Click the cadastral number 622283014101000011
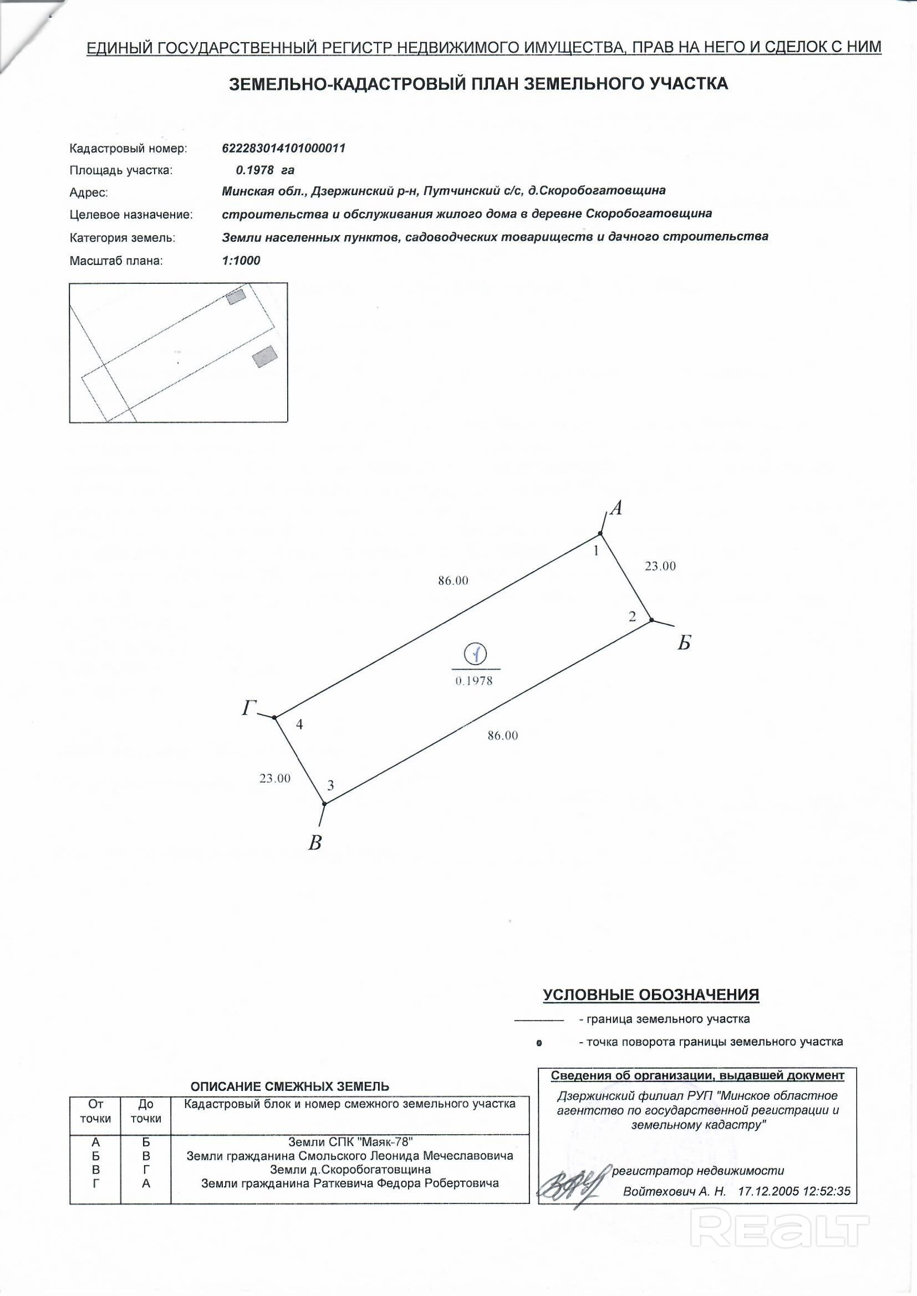(283, 149)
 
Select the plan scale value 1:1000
(241, 260)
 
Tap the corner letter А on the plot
(617, 508)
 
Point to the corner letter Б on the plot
(684, 643)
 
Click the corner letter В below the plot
(315, 843)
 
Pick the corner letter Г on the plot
(249, 708)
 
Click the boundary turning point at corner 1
(600, 533)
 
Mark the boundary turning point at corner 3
(324, 803)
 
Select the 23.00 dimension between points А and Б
(660, 566)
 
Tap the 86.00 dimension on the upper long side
(453, 580)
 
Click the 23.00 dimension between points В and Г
(275, 778)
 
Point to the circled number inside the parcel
(475, 654)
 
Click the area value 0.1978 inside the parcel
(473, 681)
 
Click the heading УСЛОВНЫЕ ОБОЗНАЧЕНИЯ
(650, 995)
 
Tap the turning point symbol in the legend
(539, 1044)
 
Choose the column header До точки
(146, 1111)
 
